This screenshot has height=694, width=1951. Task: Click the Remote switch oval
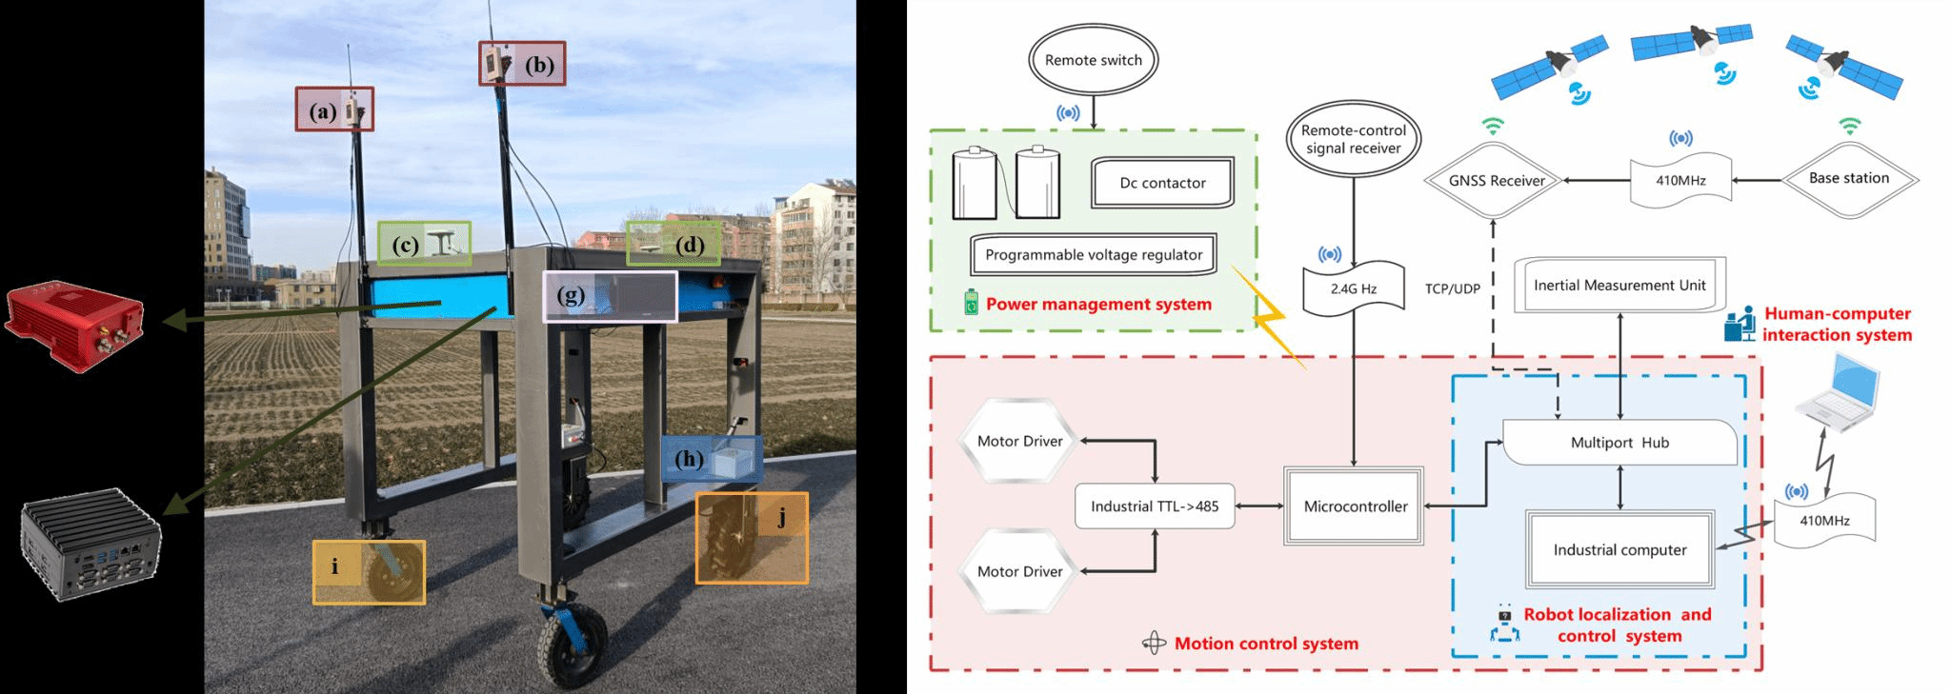(x=1093, y=60)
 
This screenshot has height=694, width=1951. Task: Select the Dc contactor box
(x=1162, y=183)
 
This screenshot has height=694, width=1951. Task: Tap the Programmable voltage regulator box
(x=1094, y=255)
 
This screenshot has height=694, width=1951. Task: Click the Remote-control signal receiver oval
(x=1353, y=139)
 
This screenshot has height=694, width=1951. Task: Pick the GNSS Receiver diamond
(x=1496, y=181)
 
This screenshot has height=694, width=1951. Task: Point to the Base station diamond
(x=1848, y=178)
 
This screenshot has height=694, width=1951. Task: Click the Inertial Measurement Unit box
(x=1619, y=285)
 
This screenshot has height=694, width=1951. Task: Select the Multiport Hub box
(x=1619, y=443)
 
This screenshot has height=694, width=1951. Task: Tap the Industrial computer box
(x=1619, y=550)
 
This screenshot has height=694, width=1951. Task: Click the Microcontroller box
(x=1355, y=506)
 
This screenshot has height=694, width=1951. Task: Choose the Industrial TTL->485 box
(x=1155, y=506)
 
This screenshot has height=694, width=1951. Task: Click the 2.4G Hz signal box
(x=1354, y=288)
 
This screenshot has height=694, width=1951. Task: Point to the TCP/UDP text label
(x=1452, y=288)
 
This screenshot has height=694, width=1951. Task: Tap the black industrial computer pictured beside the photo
(x=91, y=547)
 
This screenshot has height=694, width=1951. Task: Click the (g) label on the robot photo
(x=571, y=295)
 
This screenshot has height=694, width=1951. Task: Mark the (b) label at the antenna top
(x=539, y=65)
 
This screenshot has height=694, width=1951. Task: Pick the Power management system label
(x=1098, y=305)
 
